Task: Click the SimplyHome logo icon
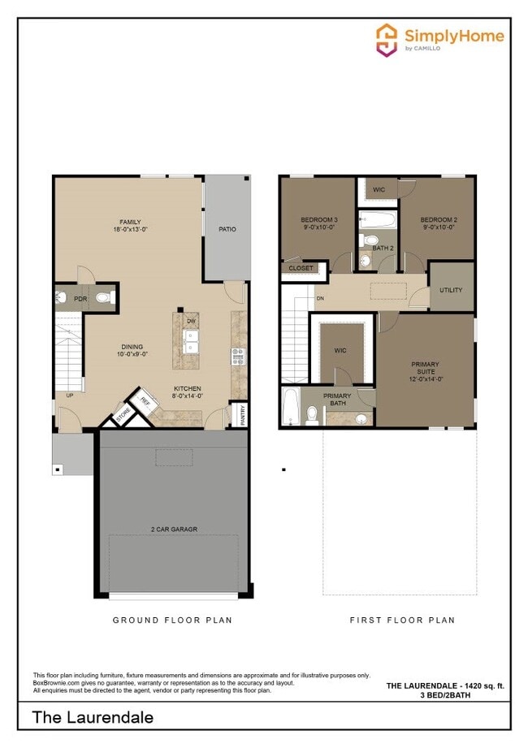point(386,39)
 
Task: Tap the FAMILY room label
point(129,221)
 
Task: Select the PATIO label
point(227,229)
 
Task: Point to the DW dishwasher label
point(192,322)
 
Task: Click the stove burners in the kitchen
point(238,356)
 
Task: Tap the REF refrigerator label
point(145,401)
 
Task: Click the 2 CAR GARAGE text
point(173,530)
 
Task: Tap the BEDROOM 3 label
point(318,220)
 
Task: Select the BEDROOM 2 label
point(439,220)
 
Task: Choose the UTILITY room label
point(451,290)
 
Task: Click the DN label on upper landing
point(320,298)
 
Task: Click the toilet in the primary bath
point(312,414)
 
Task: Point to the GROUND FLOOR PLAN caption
point(171,620)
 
